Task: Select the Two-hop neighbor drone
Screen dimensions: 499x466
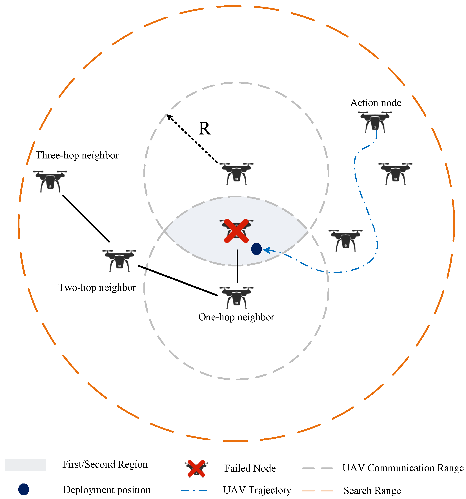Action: click(x=119, y=260)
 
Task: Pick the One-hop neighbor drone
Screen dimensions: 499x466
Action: click(x=236, y=298)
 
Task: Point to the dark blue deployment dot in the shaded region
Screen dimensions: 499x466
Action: click(x=256, y=249)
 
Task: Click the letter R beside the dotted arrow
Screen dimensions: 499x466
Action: click(x=205, y=129)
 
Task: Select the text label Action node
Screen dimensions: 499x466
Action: click(x=376, y=103)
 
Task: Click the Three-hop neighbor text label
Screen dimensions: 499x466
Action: click(x=77, y=155)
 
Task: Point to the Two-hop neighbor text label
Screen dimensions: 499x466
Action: click(x=97, y=287)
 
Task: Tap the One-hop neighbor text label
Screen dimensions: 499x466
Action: click(x=236, y=317)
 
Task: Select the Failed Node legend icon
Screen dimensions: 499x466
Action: click(x=196, y=468)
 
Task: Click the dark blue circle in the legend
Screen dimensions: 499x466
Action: click(x=24, y=490)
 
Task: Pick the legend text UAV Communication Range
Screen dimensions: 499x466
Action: click(x=403, y=468)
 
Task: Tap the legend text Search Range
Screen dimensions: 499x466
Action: click(x=372, y=491)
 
